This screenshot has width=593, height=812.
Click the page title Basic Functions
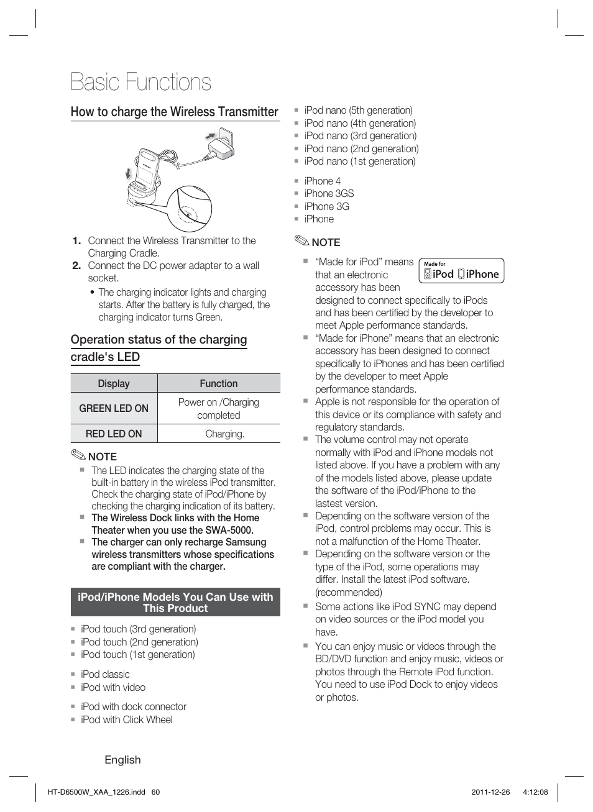tap(140, 83)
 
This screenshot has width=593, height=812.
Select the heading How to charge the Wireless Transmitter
tap(174, 112)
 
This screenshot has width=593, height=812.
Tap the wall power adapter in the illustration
tap(221, 145)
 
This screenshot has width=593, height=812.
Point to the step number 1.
tap(76, 241)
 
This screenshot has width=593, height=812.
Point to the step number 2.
tap(76, 266)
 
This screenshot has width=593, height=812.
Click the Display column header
tap(114, 383)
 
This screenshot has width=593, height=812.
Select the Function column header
tap(218, 383)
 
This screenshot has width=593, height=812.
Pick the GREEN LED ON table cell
tap(114, 408)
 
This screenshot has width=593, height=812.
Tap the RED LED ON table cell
tap(114, 434)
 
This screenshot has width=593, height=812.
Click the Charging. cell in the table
tap(224, 434)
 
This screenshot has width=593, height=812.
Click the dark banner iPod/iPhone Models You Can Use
tap(175, 602)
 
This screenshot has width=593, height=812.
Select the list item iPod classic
tap(105, 674)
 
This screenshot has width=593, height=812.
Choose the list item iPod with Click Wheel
tap(126, 719)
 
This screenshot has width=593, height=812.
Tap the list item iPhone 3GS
tap(329, 193)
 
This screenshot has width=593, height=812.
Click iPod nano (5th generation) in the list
tap(358, 111)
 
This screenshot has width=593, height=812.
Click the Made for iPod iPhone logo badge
tap(461, 271)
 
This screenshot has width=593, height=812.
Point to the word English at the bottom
tap(122, 760)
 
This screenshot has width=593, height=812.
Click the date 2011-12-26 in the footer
tap(490, 792)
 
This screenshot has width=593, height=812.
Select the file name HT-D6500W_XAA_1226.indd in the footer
tap(96, 792)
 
